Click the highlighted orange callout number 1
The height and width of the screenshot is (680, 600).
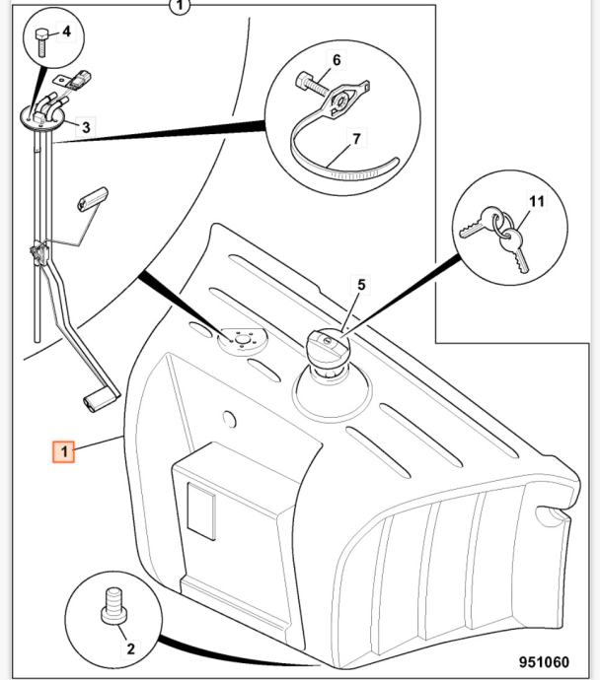(x=64, y=451)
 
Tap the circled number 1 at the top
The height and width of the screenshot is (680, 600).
(x=179, y=7)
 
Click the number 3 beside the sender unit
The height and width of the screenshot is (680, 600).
(x=66, y=32)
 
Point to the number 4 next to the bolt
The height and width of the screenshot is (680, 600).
(x=361, y=284)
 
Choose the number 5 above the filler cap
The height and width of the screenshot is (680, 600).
(x=337, y=60)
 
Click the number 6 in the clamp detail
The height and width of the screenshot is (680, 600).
(x=356, y=140)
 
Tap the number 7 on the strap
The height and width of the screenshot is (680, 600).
(x=536, y=201)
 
